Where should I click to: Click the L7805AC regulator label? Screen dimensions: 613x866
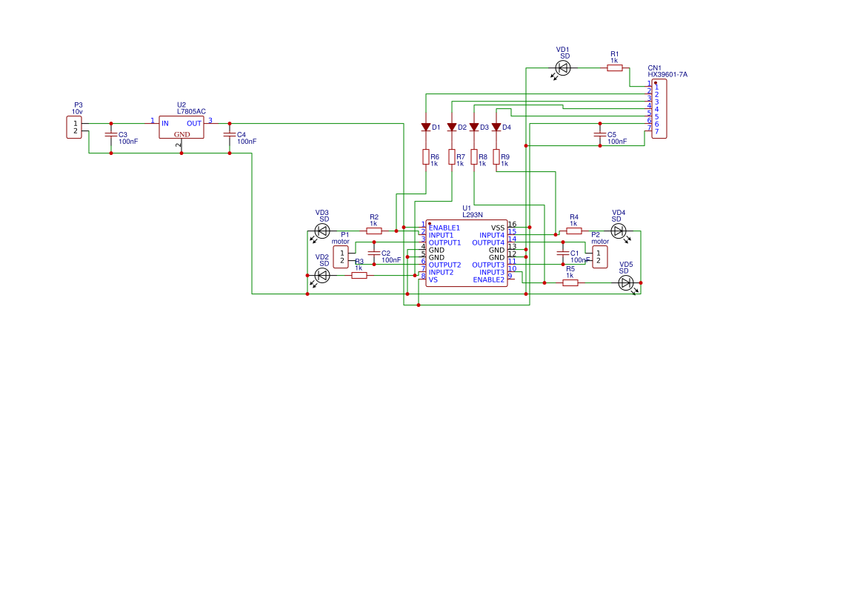[191, 111]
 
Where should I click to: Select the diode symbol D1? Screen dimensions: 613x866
[426, 127]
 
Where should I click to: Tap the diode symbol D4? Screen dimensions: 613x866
[496, 127]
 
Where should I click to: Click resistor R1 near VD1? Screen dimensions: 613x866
[615, 68]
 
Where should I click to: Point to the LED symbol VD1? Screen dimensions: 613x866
[563, 68]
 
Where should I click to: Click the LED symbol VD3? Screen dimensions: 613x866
[322, 231]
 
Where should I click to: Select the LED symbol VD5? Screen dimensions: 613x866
[626, 282]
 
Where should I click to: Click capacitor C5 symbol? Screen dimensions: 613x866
[600, 135]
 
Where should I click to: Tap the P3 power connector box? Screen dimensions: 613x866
[75, 127]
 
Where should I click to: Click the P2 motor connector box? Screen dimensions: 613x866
[599, 257]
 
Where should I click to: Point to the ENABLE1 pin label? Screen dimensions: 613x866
[444, 228]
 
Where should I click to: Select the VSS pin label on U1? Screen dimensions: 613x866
[498, 228]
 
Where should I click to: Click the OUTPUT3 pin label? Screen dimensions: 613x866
[488, 265]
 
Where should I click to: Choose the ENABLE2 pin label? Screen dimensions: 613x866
[488, 279]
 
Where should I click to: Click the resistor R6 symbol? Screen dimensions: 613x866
[426, 157]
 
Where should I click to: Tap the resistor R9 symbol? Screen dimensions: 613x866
[496, 157]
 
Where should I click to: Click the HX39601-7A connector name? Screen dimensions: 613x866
[667, 75]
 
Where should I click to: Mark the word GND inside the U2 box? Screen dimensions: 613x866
[182, 134]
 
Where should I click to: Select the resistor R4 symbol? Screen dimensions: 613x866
[574, 231]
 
